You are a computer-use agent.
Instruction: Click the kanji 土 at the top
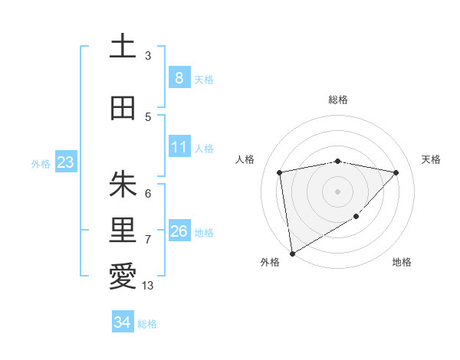pos(123,47)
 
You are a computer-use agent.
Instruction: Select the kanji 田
pos(123,109)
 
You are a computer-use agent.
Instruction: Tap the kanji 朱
pos(123,184)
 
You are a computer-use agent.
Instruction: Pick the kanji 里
pos(123,230)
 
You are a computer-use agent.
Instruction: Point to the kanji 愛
pos(123,277)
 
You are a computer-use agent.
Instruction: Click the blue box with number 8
pos(179,77)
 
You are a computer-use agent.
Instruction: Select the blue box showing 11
pos(179,146)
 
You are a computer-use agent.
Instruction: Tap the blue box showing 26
pos(179,231)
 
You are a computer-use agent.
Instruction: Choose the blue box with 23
pos(65,162)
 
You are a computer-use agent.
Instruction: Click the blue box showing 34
pos(122,322)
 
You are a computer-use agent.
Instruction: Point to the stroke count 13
pos(148,286)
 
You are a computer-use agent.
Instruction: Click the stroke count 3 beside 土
pos(148,56)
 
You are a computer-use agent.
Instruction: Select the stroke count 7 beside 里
pos(148,240)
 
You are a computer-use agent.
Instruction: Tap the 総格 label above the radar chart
pos(337,100)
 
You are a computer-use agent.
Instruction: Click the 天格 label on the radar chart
pos(432,159)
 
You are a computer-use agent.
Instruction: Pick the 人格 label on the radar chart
pos(245,159)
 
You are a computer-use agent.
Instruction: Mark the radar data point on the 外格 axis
pos(292,253)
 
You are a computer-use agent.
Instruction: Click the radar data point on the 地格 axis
pos(356,217)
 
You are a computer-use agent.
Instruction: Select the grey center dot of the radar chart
pos(337,191)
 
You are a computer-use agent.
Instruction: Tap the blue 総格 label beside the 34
pos(147,324)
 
